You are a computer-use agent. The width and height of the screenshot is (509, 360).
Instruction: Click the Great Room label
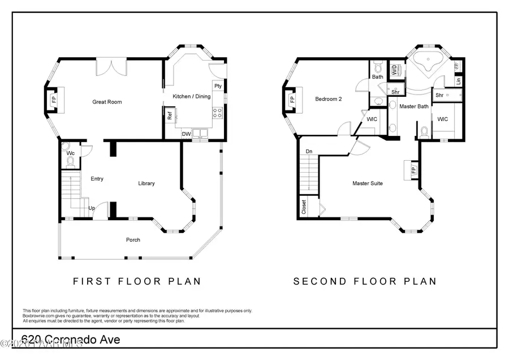coord(107,102)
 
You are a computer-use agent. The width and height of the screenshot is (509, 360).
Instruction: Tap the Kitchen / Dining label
coord(191,97)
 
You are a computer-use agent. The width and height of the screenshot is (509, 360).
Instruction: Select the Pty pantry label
coord(217,86)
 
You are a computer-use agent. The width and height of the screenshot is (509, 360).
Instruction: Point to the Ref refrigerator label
coord(169,117)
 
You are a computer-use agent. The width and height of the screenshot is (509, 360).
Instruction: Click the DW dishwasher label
coord(186,134)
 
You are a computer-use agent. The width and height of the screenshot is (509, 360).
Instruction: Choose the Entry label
coord(97,179)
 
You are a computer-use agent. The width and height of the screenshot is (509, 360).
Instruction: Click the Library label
coord(146,183)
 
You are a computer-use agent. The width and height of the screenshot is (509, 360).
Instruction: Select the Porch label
coord(133,240)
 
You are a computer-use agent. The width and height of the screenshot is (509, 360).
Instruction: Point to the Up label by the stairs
coord(91,208)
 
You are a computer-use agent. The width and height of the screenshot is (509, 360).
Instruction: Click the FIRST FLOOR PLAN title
coord(137,281)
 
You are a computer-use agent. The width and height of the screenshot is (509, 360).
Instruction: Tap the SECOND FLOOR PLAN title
coord(364,281)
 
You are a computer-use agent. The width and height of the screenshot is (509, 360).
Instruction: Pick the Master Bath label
coord(413,106)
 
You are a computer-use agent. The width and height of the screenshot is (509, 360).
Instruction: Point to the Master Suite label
coord(368,183)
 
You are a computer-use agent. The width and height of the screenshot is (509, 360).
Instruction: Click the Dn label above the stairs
coord(309,152)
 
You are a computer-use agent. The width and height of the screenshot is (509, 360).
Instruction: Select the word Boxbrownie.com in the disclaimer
coord(40,316)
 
